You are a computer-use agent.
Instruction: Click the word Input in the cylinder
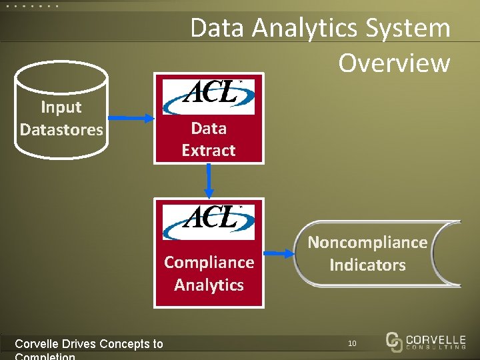(x=61, y=107)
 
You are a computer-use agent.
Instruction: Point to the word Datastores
(x=61, y=129)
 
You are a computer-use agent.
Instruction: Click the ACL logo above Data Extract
(x=209, y=97)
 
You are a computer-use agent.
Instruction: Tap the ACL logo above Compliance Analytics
(x=209, y=221)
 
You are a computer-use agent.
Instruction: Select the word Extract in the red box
(x=209, y=151)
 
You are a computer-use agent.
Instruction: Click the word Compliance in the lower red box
(x=209, y=263)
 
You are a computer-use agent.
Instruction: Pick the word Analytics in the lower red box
(x=209, y=285)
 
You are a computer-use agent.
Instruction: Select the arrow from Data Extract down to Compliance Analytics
(x=209, y=181)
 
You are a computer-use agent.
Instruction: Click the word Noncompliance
(x=367, y=243)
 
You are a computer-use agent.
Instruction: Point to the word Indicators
(x=367, y=265)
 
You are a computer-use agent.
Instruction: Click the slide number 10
(x=352, y=343)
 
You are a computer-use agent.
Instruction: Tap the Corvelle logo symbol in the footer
(x=394, y=341)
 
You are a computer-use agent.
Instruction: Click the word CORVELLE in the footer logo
(x=435, y=337)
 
